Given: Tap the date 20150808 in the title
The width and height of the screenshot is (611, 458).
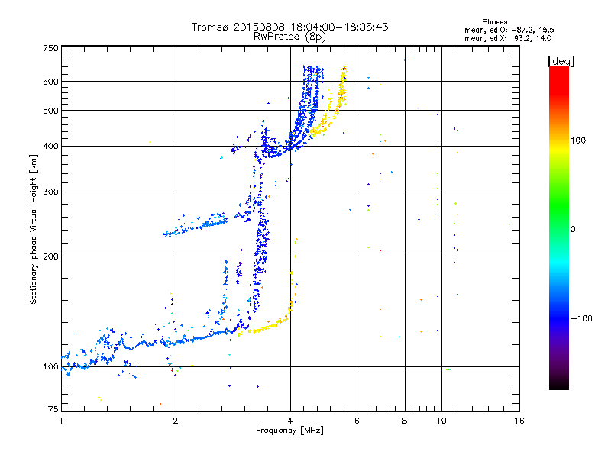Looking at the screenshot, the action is coord(259,27).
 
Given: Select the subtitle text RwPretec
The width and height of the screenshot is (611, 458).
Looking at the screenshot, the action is coord(276,36).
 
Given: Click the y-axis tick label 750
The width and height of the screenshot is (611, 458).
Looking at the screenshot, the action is coord(50,48).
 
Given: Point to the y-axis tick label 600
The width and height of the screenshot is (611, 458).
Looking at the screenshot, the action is coord(50,82).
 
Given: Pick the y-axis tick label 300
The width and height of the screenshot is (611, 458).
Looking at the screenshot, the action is coord(50,192).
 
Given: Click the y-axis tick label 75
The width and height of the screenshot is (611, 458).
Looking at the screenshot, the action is coord(53,409).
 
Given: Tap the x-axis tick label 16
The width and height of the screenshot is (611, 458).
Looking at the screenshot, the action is coord(519,421).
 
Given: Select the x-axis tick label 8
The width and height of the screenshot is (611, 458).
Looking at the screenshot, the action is coord(405,421).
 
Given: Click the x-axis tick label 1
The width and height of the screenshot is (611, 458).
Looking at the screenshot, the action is coord(61,421).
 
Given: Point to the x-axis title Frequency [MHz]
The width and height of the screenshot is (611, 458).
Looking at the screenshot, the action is coord(289,431).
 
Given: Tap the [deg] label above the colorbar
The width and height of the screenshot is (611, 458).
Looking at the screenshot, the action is coord(561,61).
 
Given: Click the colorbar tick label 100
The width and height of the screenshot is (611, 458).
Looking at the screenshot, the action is coord(578,140).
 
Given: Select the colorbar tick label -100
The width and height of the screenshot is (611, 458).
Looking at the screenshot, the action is coord(581,318).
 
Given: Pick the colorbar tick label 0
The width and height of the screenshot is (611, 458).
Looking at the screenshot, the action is coord(573,229).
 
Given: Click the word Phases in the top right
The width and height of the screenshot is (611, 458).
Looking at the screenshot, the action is coord(494,22).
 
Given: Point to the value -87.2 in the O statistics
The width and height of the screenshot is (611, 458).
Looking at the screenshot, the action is coord(522,30).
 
